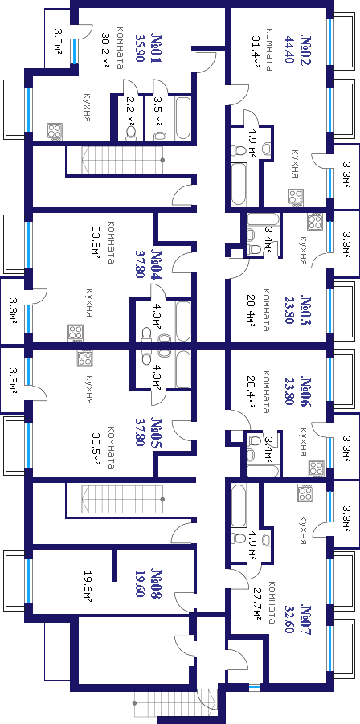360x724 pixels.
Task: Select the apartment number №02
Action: (x=305, y=49)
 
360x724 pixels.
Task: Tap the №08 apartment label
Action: (x=157, y=583)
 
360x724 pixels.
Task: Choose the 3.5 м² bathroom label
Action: (x=157, y=111)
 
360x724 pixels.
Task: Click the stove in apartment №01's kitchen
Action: (x=55, y=132)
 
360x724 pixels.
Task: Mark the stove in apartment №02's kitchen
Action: (x=296, y=197)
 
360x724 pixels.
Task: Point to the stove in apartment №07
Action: (x=305, y=493)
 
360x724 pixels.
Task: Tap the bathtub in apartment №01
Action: (x=183, y=118)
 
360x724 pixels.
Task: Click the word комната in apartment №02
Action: (x=269, y=52)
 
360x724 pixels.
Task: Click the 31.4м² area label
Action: (x=256, y=51)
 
